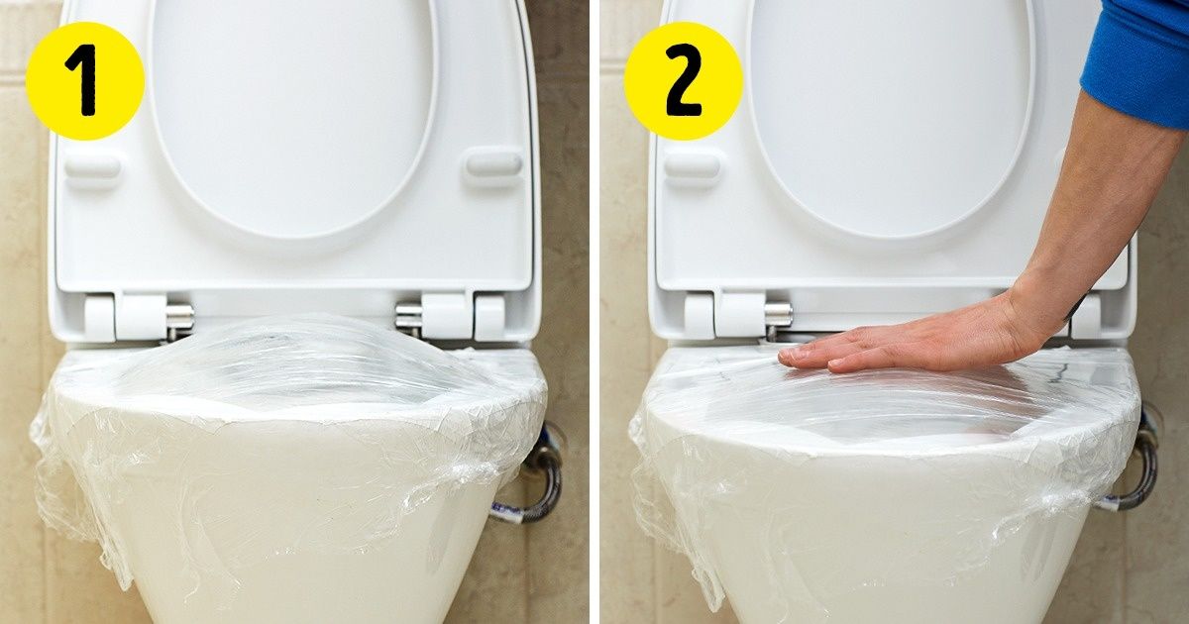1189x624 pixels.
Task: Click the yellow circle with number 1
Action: (84, 80)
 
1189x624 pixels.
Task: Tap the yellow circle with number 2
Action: (683, 80)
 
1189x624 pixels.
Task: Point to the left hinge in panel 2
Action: (728, 315)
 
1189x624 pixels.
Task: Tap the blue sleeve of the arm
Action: (1139, 59)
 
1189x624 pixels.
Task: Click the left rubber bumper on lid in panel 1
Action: (93, 168)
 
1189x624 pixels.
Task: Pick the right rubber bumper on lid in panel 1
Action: (493, 164)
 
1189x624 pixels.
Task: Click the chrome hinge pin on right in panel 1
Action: (408, 316)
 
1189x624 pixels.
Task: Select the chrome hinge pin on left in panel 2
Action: (779, 314)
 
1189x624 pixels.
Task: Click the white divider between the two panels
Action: (594, 312)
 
